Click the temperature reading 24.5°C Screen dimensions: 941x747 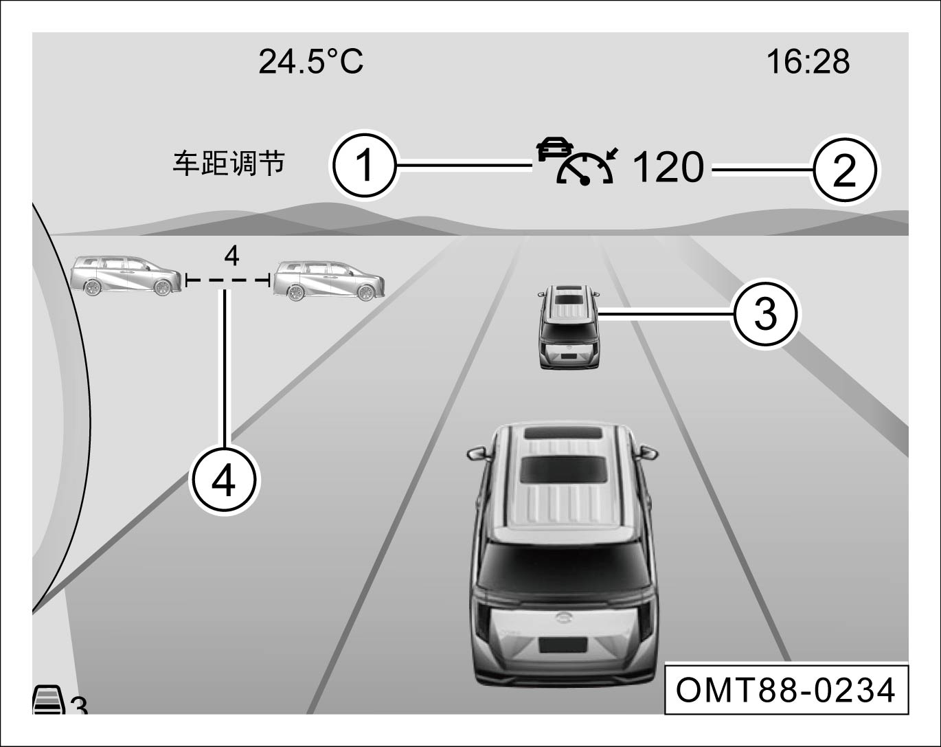click(311, 62)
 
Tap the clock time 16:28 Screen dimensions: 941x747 click(808, 62)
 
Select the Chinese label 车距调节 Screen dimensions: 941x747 click(229, 164)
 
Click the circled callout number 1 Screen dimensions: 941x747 click(364, 166)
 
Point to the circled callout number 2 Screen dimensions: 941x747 click(844, 170)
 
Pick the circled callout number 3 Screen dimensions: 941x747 click(765, 314)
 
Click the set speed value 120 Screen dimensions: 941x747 click(668, 167)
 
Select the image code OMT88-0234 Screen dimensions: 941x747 click(785, 691)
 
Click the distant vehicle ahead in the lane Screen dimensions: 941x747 click(569, 326)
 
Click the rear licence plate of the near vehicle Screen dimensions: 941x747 click(563, 645)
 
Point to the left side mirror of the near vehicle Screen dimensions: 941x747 click(477, 453)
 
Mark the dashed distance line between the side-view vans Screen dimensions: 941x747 click(227, 279)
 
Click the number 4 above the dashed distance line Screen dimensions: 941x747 click(231, 256)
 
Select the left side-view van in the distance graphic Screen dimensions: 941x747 click(126, 276)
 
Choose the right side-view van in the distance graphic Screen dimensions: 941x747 click(329, 281)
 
